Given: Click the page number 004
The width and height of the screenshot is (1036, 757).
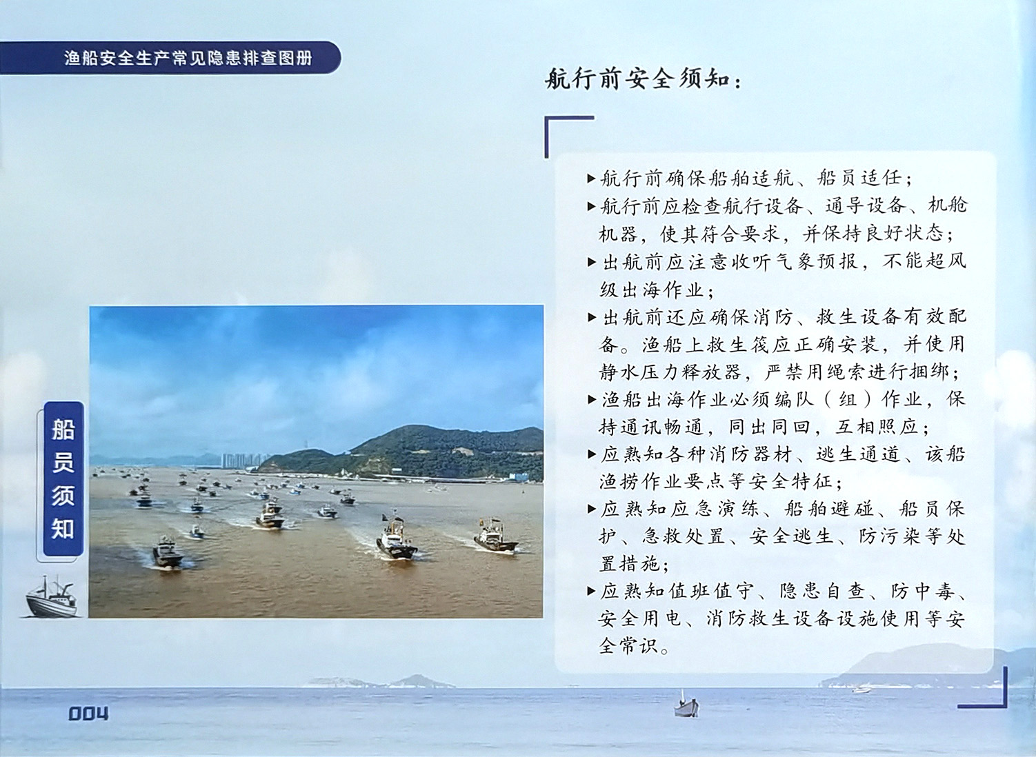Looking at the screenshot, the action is pos(88,714).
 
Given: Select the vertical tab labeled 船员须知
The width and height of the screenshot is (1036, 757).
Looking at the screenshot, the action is pos(63,478).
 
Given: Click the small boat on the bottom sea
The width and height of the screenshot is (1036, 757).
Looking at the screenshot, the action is pos(686,705).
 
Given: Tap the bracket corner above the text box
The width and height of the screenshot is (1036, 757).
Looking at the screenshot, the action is pos(548,119).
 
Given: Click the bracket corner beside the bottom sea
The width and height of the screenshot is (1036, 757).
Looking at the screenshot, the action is pos(1004,704).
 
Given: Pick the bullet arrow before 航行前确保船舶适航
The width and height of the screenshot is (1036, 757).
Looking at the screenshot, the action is pos(591,179).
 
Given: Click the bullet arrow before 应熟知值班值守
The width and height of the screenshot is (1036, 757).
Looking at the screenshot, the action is pos(591,591).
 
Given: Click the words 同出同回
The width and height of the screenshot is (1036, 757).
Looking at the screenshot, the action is pos(770,427).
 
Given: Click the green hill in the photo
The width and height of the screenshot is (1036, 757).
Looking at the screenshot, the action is pos(416,452).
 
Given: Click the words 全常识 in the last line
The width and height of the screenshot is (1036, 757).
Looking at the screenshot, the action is pos(628,645).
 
